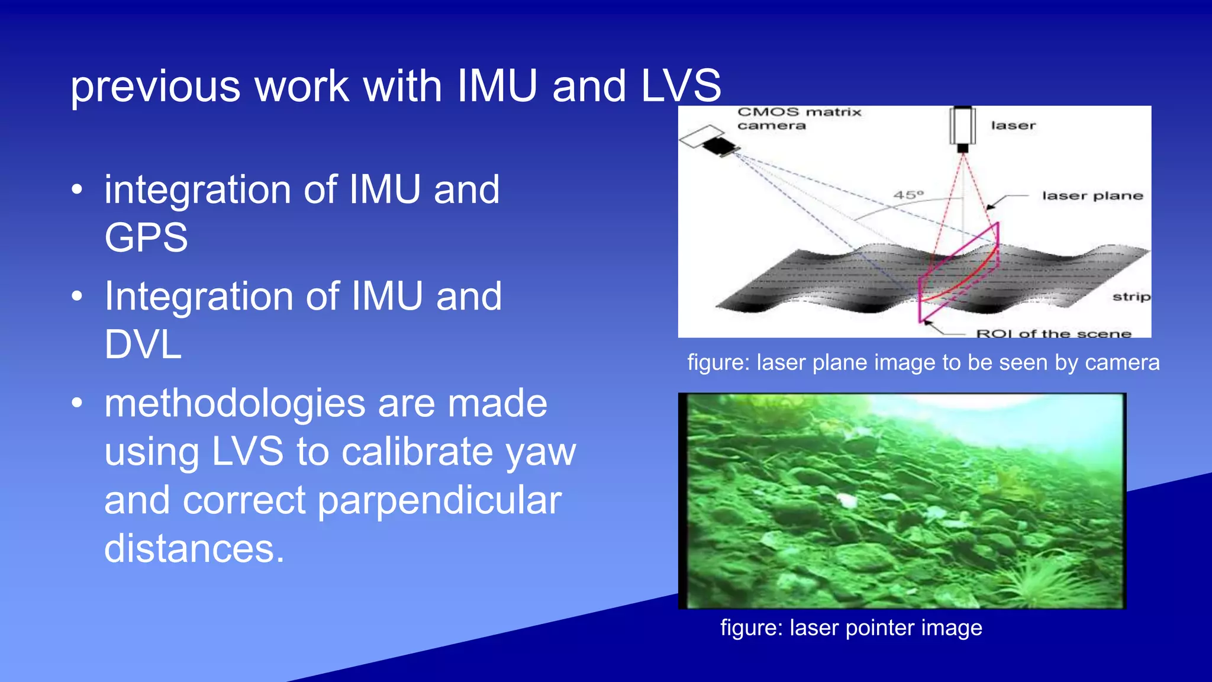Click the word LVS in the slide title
pos(681,86)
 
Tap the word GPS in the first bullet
pos(146,238)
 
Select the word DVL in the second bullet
pos(143,345)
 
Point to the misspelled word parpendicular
pos(439,501)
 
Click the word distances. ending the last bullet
pos(194,549)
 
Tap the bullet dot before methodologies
pos(77,403)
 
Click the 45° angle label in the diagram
pos(908,195)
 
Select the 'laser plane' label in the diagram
pos(1092,196)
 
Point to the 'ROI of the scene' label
pos(1053,333)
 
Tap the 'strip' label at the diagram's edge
pos(1131,296)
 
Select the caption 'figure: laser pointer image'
pos(851,628)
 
